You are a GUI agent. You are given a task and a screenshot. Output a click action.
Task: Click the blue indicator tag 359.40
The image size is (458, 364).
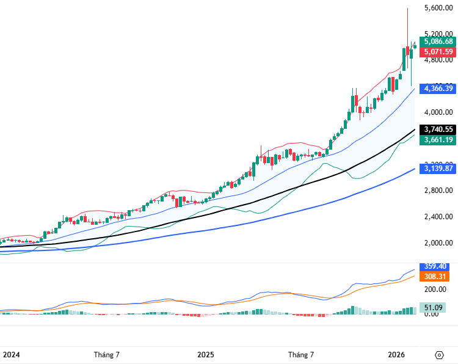pyautogui.click(x=437, y=266)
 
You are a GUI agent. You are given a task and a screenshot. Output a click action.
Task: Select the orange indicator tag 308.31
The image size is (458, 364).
pyautogui.click(x=437, y=277)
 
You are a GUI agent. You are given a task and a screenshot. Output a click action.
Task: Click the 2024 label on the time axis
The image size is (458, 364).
pyautogui.click(x=11, y=354)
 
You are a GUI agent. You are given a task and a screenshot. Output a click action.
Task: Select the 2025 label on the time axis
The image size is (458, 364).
pyautogui.click(x=206, y=354)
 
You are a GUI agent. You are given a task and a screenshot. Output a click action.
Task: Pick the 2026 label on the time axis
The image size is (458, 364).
pyautogui.click(x=397, y=354)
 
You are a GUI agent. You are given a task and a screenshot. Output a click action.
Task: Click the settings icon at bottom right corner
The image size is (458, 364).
pyautogui.click(x=439, y=355)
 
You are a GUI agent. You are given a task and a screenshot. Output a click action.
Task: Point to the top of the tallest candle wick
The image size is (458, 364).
pyautogui.click(x=407, y=8)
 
